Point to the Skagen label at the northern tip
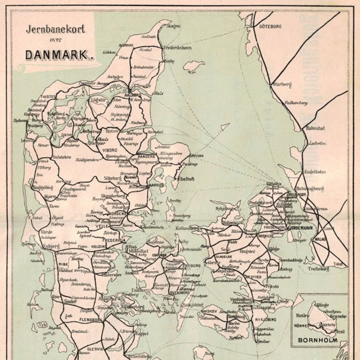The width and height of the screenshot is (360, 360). (173, 25)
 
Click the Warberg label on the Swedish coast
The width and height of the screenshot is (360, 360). (282, 85)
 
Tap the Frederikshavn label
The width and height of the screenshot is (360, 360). (177, 46)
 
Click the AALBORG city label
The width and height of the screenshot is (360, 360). (133, 93)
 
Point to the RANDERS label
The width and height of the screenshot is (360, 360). (147, 156)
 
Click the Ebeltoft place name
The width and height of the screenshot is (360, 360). (185, 178)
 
